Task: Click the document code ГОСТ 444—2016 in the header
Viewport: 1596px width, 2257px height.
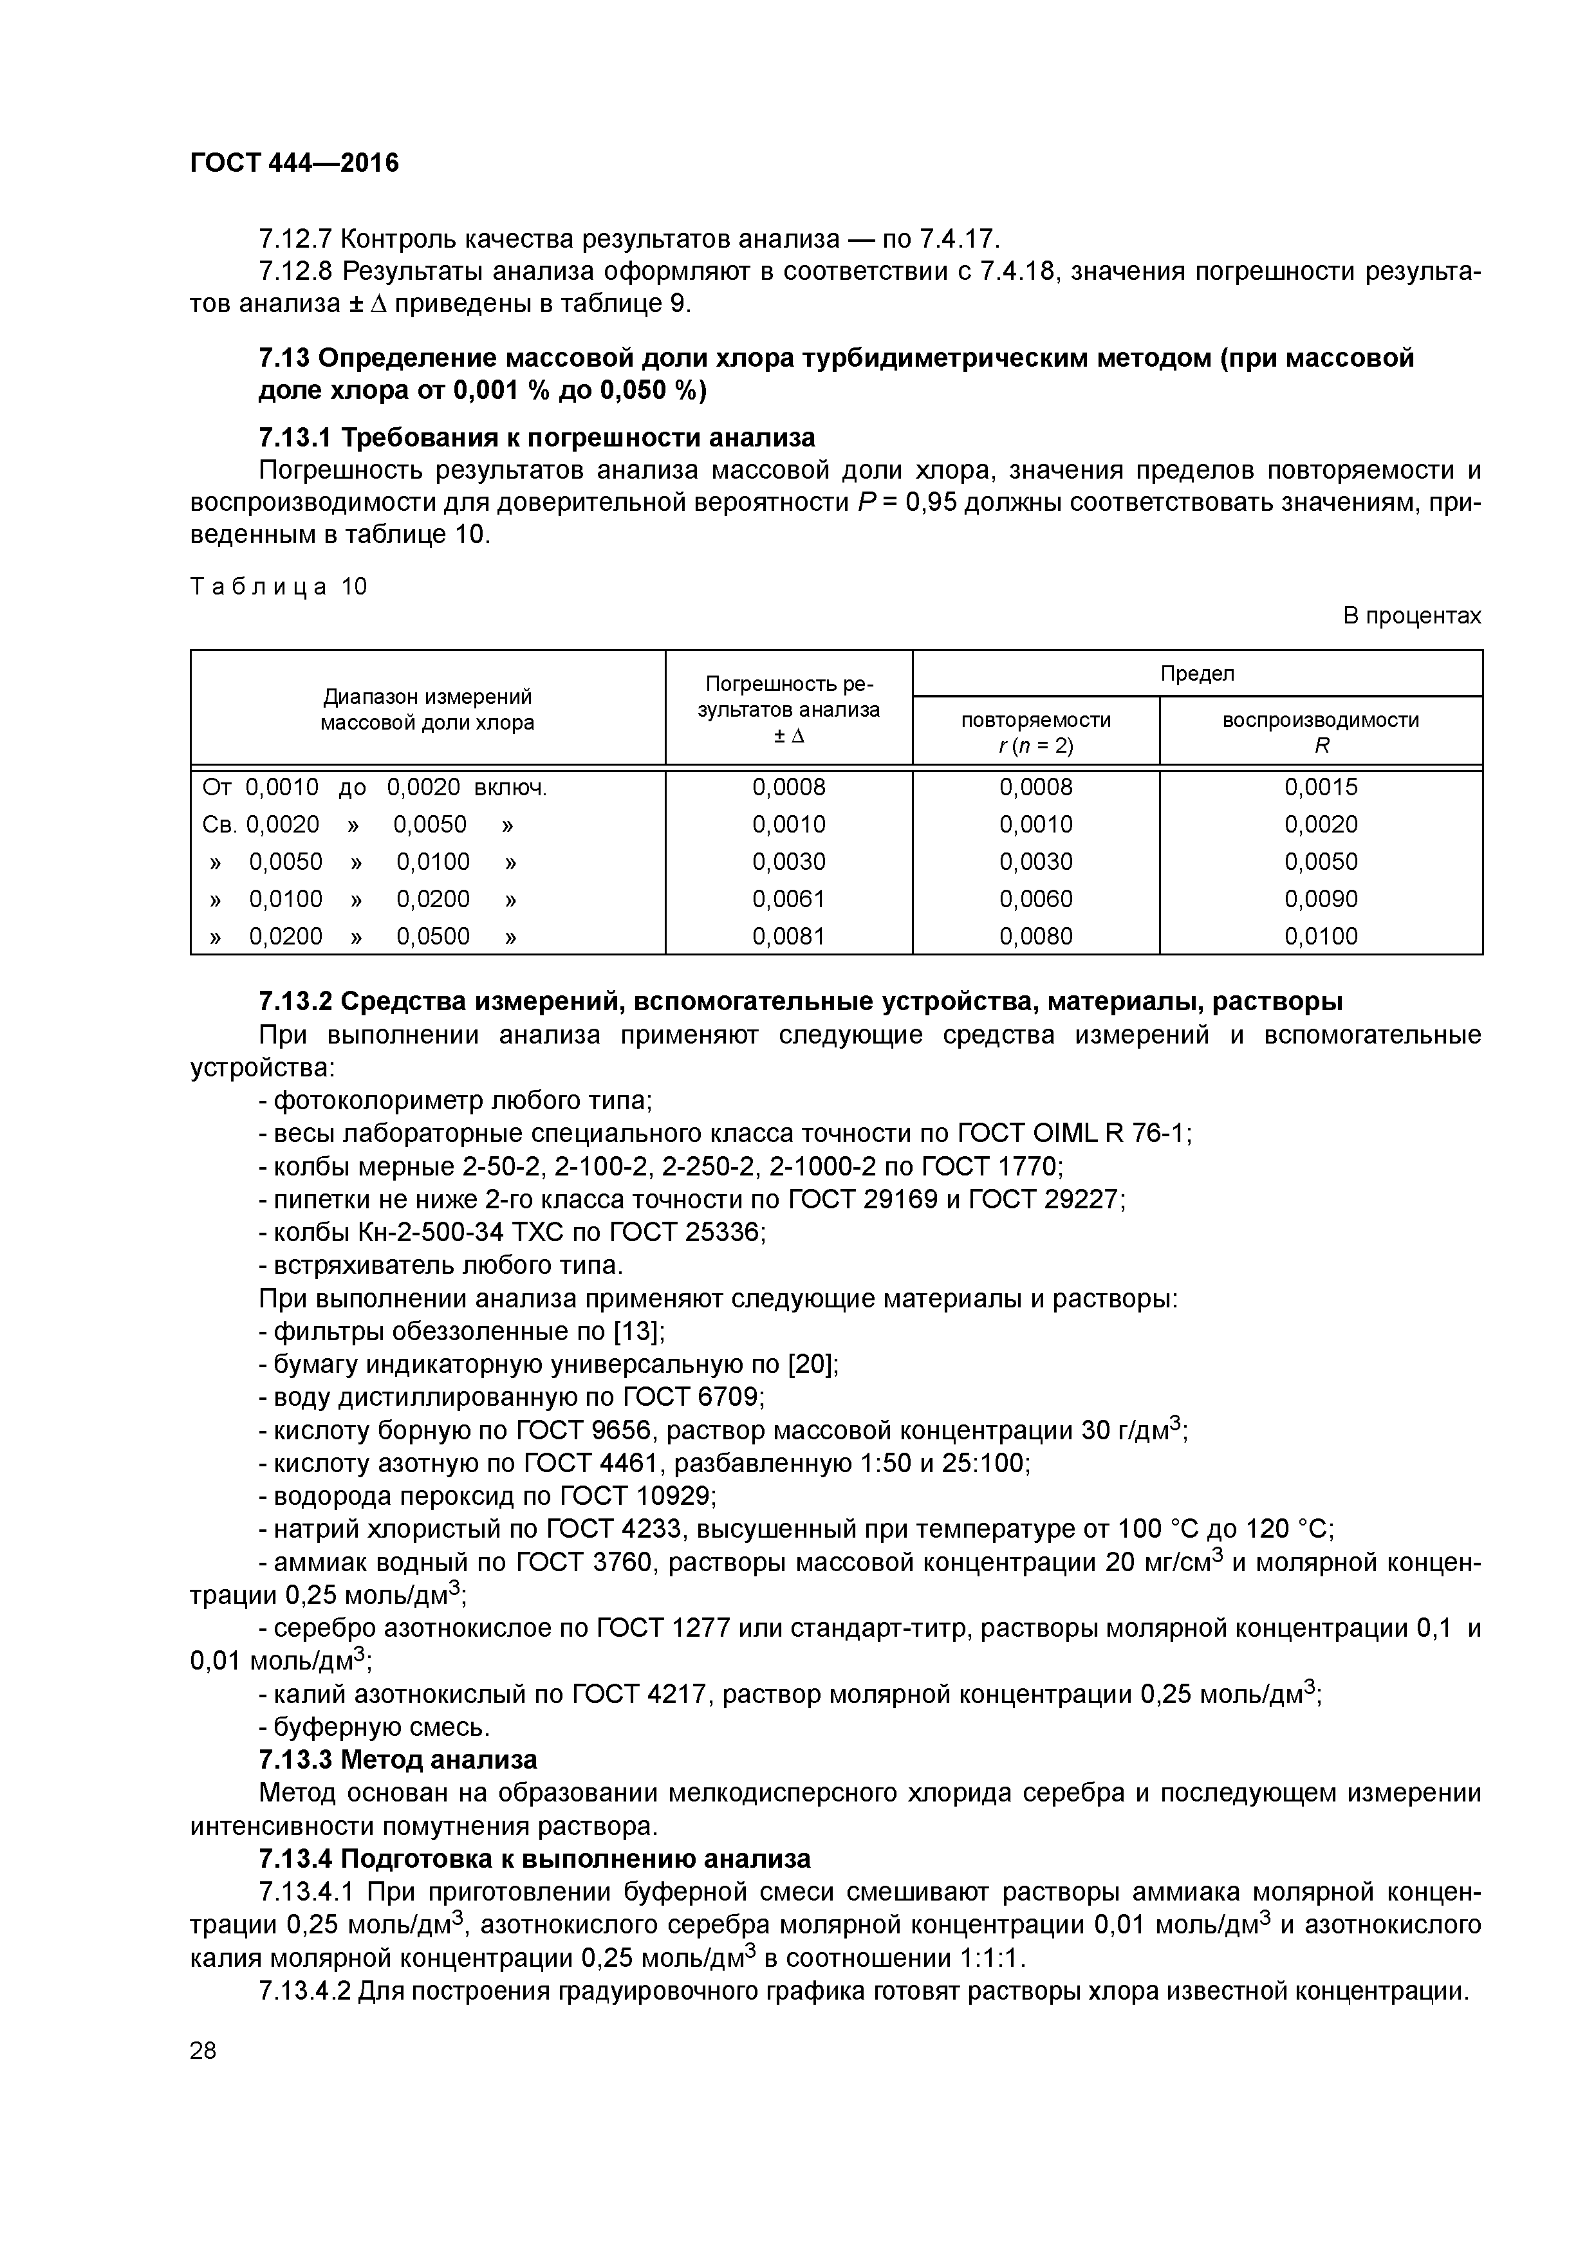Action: pyautogui.click(x=294, y=163)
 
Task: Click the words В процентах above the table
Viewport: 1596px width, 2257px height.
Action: pyautogui.click(x=1411, y=616)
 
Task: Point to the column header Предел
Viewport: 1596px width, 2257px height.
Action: pyautogui.click(x=1197, y=674)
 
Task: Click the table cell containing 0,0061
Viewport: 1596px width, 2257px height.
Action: pyautogui.click(x=788, y=898)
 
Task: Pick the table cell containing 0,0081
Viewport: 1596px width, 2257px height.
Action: pyautogui.click(x=788, y=936)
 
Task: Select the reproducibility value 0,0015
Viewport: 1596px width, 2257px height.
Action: pyautogui.click(x=1321, y=786)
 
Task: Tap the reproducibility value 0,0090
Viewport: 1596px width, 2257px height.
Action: pyautogui.click(x=1321, y=898)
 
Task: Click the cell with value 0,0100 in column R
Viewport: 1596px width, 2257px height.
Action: pyautogui.click(x=1321, y=936)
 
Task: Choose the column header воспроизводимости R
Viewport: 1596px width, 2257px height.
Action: pyautogui.click(x=1321, y=732)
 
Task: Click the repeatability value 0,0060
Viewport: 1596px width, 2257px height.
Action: pyautogui.click(x=1035, y=898)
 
